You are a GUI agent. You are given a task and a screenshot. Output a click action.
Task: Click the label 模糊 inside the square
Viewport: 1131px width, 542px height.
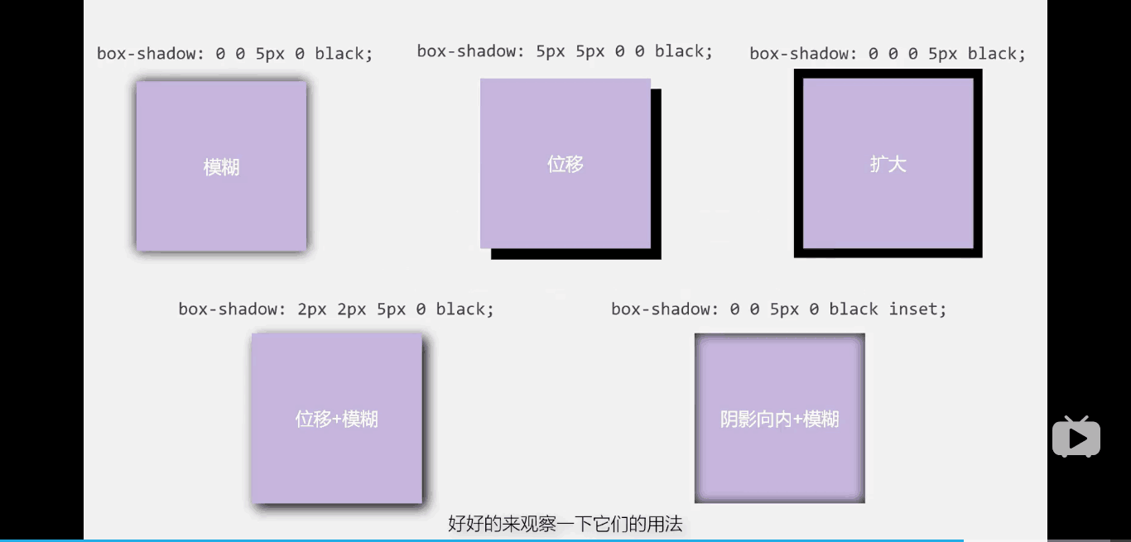pyautogui.click(x=221, y=167)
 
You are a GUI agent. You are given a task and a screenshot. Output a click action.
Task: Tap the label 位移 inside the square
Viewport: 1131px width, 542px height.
pyautogui.click(x=565, y=164)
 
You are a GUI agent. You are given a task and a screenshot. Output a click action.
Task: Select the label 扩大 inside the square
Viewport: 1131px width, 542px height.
pyautogui.click(x=888, y=164)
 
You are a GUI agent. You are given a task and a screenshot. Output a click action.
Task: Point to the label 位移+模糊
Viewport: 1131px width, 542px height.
pyautogui.click(x=336, y=420)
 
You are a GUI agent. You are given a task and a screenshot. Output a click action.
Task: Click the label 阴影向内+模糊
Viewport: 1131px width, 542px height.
pyautogui.click(x=779, y=420)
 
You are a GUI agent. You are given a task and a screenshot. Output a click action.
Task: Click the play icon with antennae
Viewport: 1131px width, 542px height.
pyautogui.click(x=1076, y=437)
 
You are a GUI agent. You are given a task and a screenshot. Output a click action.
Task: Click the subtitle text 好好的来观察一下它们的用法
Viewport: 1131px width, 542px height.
pyautogui.click(x=565, y=524)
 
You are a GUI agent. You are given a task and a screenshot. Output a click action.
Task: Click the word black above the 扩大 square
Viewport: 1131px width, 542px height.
pyautogui.click(x=992, y=54)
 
